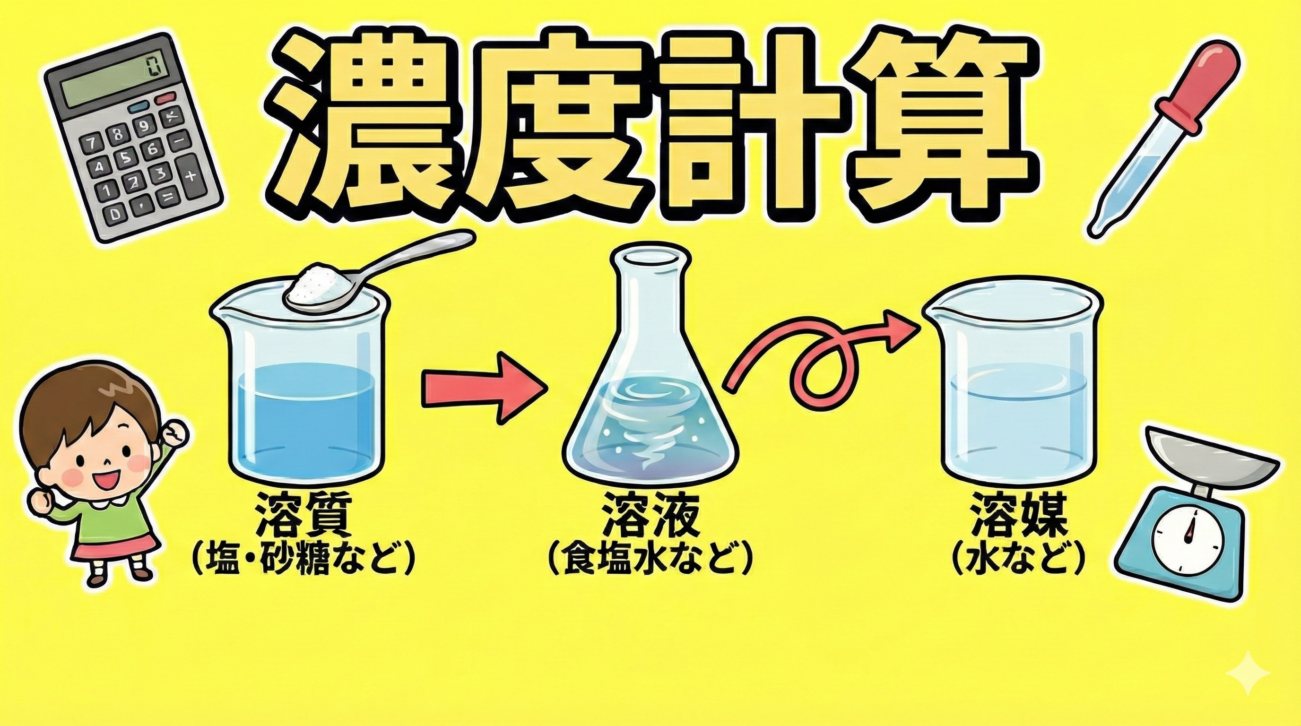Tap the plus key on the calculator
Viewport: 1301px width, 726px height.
(191, 176)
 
